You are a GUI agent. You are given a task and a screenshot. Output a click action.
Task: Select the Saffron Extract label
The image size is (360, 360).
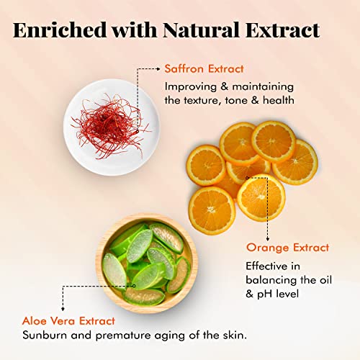point(203,68)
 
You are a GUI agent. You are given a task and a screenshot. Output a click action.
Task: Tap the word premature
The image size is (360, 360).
point(131,335)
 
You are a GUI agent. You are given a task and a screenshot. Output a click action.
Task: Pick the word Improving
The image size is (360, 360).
point(191,86)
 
